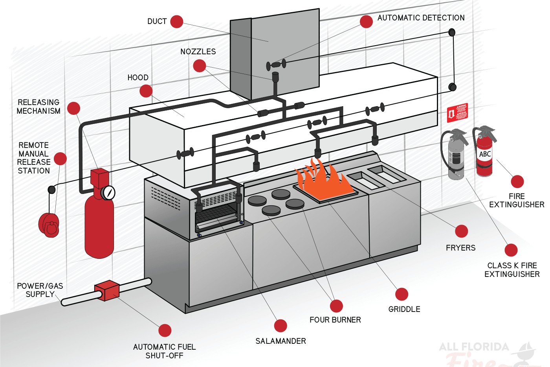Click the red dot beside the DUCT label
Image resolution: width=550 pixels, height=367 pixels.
[177, 22]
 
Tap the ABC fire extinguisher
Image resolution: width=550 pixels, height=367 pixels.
[484, 153]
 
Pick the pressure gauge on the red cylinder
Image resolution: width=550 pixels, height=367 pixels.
[108, 192]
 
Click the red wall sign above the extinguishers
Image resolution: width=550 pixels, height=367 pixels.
[457, 113]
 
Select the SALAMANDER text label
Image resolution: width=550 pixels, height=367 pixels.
[280, 341]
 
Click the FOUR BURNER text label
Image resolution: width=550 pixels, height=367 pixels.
[335, 320]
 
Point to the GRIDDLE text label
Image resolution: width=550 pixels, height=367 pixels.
[404, 309]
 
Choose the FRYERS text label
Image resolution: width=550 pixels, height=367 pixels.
[460, 248]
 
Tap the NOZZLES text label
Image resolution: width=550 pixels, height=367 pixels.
[198, 52]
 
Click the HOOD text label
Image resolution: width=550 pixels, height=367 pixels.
[138, 77]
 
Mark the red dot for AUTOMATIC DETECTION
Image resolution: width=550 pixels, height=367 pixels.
[366, 22]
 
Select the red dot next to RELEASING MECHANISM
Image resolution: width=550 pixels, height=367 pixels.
[74, 108]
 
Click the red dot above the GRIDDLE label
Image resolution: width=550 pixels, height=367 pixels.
[401, 294]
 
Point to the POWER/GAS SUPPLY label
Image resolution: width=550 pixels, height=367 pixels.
[40, 290]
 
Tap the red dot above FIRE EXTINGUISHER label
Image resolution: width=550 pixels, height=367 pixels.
[517, 181]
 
